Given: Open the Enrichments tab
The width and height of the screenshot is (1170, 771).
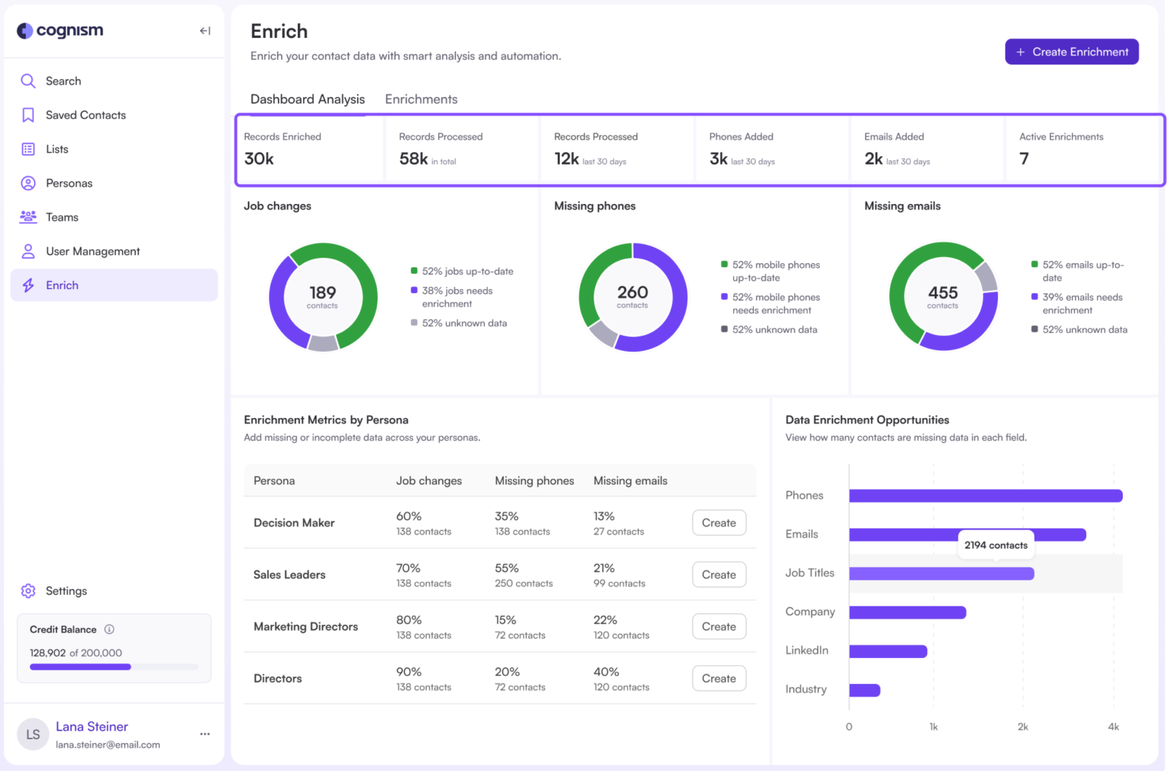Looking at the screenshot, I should coord(421,99).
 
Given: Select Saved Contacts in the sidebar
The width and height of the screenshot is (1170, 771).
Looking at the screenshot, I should coord(86,115).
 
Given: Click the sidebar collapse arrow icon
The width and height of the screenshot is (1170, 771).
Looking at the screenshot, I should coord(205,31).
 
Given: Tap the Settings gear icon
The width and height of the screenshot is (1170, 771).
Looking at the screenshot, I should coord(28,591).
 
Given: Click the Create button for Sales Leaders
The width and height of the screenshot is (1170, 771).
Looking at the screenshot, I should coord(718,574).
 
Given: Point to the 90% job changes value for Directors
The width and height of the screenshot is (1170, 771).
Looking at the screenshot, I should coord(409,672).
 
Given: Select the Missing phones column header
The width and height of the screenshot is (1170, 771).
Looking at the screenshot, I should coord(534,480).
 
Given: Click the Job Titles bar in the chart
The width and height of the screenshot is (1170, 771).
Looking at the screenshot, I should coord(941,573).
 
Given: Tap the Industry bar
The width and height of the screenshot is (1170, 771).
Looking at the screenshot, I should coord(864,690).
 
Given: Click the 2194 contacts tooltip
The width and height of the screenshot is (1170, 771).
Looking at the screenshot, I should coord(995,545).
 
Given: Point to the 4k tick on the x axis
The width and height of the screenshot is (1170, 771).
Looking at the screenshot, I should coord(1113,727).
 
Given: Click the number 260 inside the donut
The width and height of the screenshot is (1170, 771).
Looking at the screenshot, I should coord(632,292).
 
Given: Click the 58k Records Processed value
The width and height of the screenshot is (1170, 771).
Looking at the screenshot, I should coord(413,158).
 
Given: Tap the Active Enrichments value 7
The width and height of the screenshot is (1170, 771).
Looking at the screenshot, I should coord(1023,158).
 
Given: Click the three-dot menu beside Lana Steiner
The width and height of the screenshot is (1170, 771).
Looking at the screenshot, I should coord(205,734).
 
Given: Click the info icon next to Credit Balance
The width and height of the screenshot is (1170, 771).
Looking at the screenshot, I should coord(109,629).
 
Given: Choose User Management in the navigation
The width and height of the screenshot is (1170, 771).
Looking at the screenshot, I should coord(93,251).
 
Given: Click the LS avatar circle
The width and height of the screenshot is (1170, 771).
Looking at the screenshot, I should coord(33,734).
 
